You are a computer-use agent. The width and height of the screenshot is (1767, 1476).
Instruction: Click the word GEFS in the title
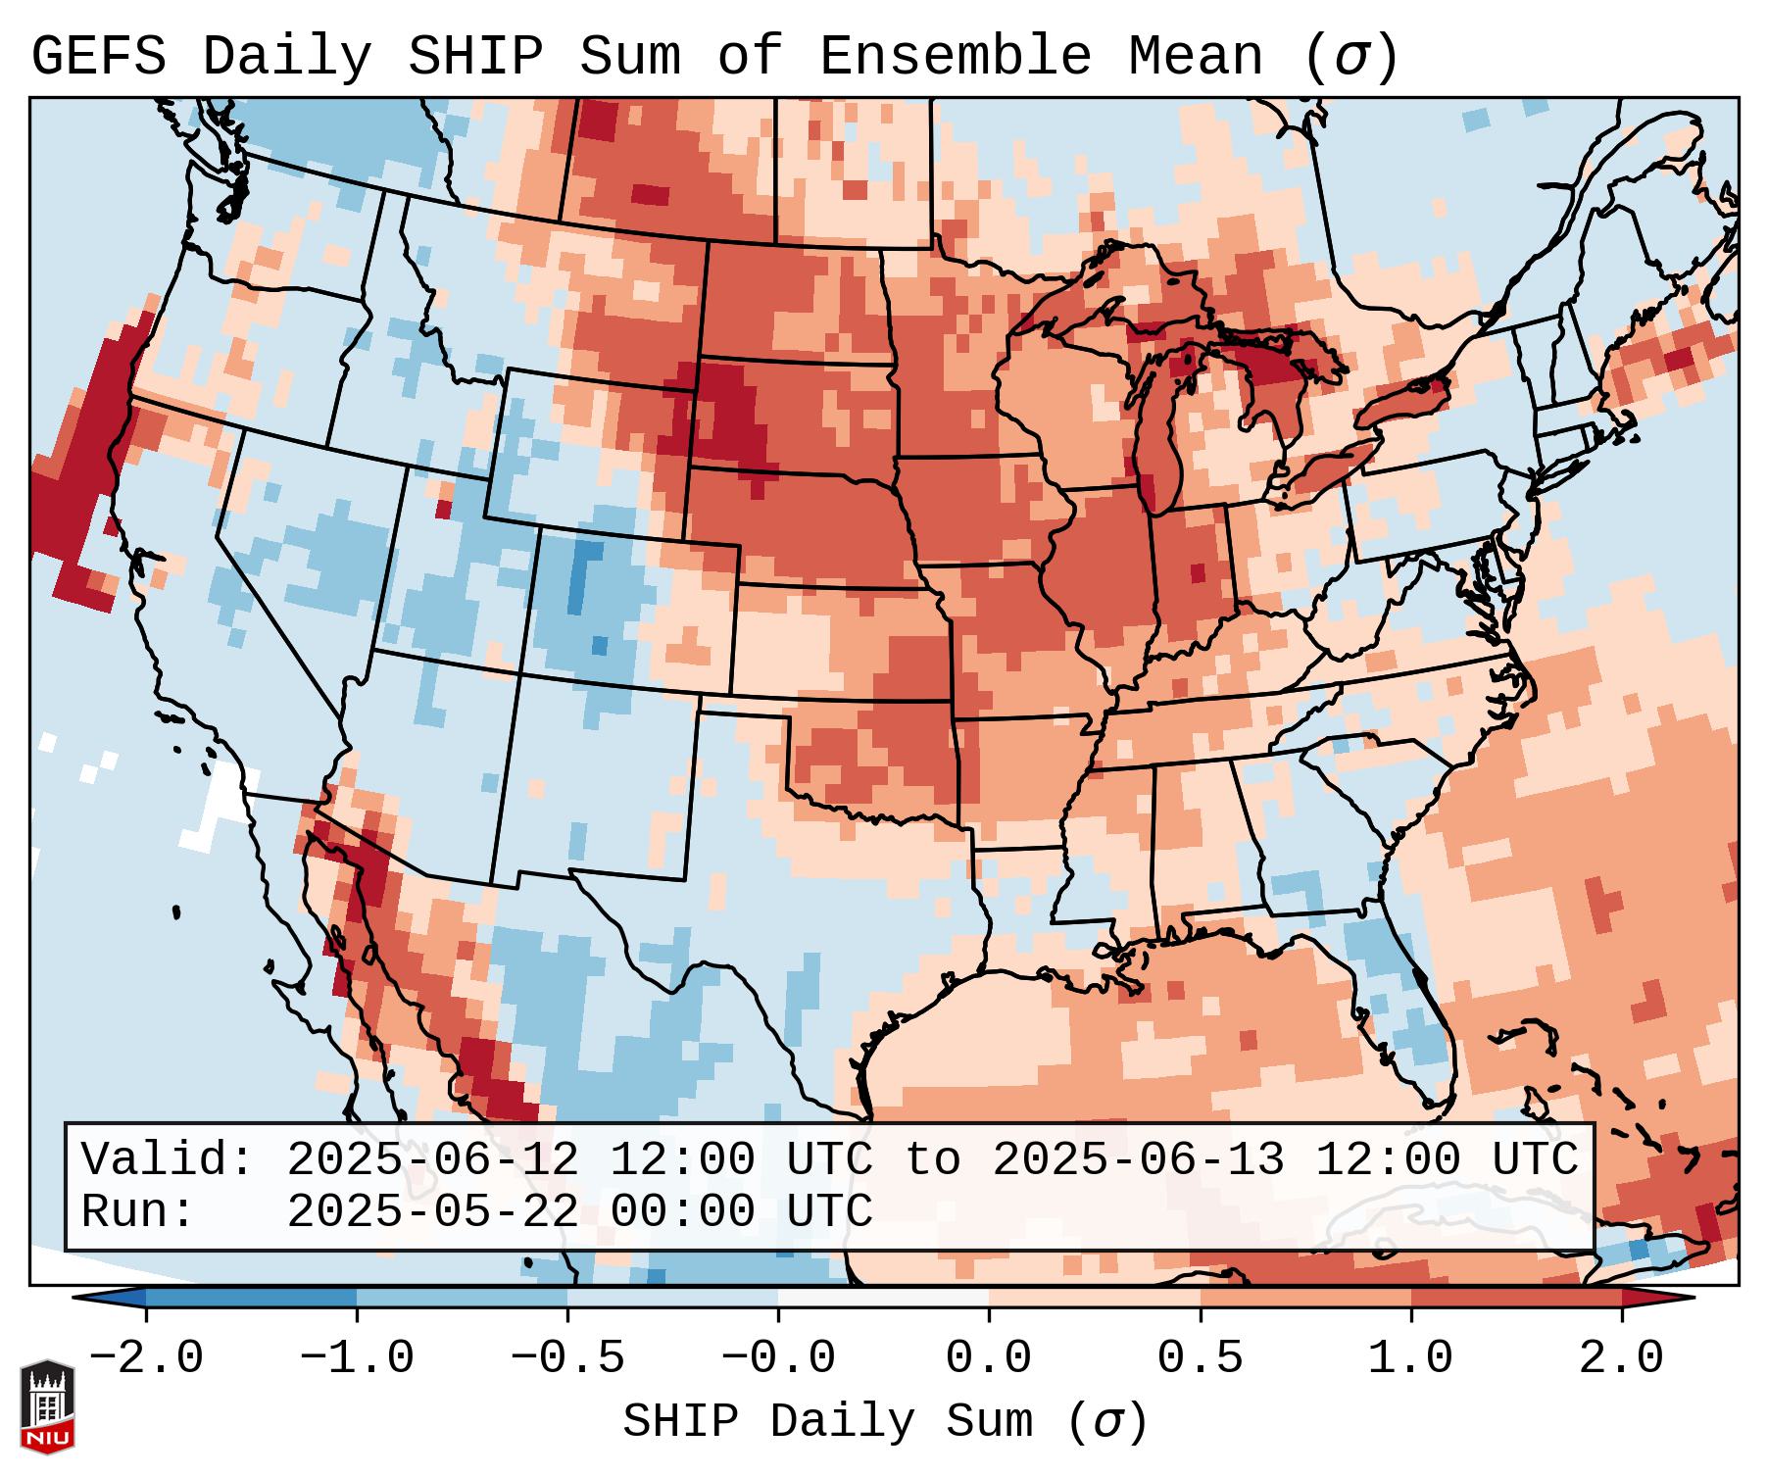coord(98,57)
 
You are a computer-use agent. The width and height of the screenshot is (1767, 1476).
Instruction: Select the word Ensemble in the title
coord(955,57)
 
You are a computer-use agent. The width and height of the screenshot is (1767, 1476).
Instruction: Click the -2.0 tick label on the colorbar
coord(146,1358)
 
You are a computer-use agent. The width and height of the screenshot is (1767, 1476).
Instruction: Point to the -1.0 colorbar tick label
coord(357,1358)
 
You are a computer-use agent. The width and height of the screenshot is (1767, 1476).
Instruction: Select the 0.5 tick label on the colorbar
coord(1200,1358)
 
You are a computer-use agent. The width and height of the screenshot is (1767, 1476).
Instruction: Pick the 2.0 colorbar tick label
coord(1622,1358)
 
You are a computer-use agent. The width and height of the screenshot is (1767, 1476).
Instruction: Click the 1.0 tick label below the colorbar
coord(1410,1358)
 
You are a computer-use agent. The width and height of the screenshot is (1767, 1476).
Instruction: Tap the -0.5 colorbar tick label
coord(567,1358)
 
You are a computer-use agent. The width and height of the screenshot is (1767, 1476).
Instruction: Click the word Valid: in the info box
coord(168,1159)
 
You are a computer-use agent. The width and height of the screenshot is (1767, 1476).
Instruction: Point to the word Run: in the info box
coord(138,1211)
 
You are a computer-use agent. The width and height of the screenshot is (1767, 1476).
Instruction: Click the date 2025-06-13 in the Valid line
coord(1138,1159)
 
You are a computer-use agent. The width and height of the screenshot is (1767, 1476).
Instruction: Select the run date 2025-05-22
coord(432,1211)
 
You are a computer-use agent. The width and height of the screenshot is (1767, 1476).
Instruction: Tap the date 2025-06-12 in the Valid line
coord(432,1159)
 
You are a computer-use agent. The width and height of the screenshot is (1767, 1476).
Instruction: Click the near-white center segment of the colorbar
coord(883,1298)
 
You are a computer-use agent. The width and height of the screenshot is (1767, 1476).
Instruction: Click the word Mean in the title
coord(1195,57)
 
